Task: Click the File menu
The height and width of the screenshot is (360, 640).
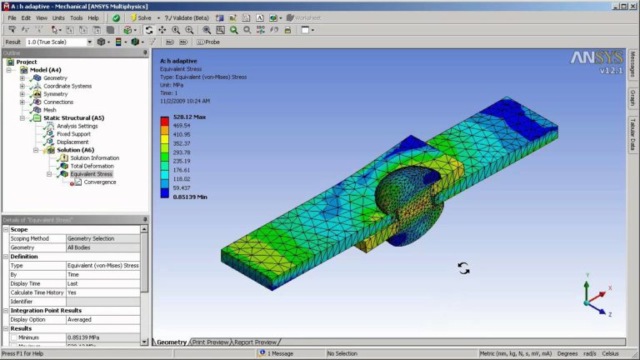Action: pyautogui.click(x=12, y=17)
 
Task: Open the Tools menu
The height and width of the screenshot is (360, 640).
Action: pyautogui.click(x=77, y=17)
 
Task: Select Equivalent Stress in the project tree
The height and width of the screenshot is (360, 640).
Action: pyautogui.click(x=91, y=174)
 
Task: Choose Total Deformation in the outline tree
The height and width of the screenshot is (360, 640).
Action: pyautogui.click(x=92, y=166)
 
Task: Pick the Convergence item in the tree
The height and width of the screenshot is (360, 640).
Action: pyautogui.click(x=100, y=182)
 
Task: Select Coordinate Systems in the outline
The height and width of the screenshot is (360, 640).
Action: pyautogui.click(x=67, y=86)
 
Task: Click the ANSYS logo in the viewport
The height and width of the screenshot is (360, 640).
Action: pyautogui.click(x=591, y=58)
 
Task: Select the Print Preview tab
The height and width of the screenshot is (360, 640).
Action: pyautogui.click(x=211, y=342)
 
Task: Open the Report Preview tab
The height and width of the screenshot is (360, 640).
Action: pyautogui.click(x=255, y=342)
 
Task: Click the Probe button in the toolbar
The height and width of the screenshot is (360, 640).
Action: pyautogui.click(x=211, y=42)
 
